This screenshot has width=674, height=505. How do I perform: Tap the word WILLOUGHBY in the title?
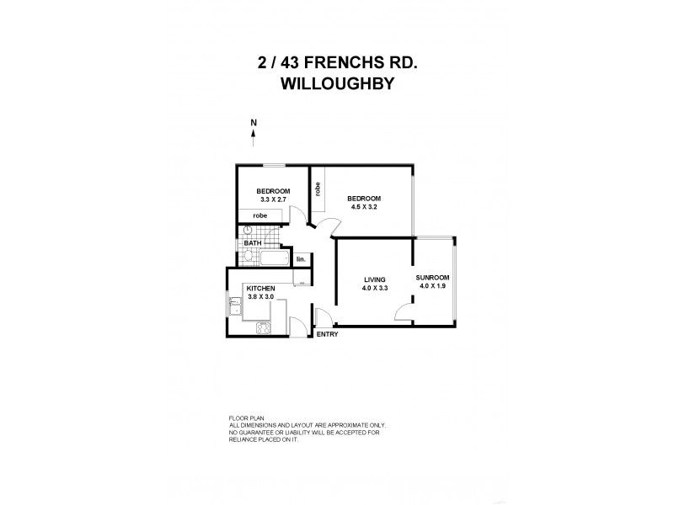click(x=336, y=84)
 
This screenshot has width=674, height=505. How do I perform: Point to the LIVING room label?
click(x=375, y=280)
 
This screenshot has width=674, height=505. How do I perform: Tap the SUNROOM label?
click(x=433, y=277)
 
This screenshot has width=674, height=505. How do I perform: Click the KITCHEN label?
click(x=260, y=288)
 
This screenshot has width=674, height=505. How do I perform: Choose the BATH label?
click(x=253, y=244)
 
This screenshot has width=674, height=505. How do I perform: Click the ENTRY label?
click(x=327, y=335)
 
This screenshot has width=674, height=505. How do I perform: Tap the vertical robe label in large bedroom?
click(x=318, y=189)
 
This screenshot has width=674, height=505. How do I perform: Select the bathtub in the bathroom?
click(x=274, y=258)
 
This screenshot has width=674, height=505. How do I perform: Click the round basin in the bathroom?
click(x=248, y=230)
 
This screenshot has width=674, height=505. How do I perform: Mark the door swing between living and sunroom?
click(x=404, y=313)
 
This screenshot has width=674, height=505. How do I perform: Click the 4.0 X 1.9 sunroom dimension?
click(x=433, y=286)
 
